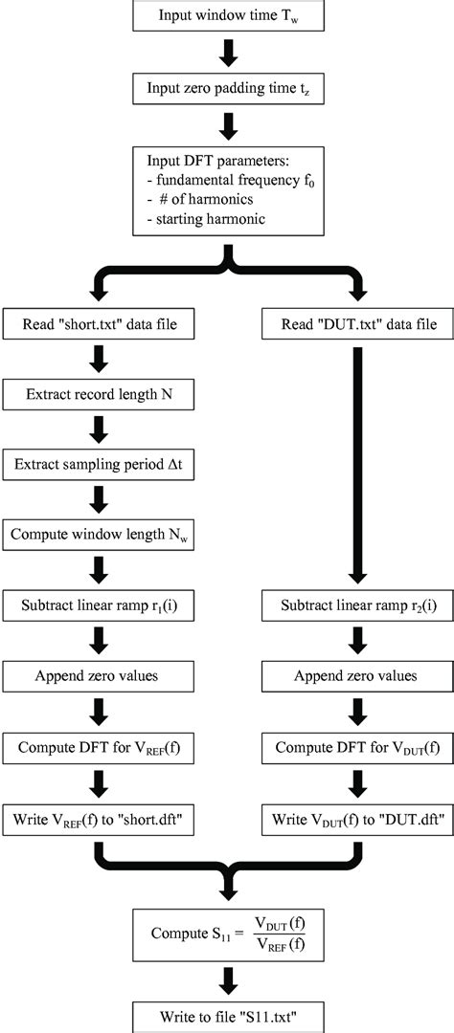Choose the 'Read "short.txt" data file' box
(99, 325)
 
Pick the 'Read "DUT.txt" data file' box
(356, 325)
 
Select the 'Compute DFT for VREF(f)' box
(99, 747)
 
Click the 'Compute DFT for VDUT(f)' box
(356, 747)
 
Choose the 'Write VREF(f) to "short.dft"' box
(99, 819)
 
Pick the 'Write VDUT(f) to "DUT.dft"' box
(356, 819)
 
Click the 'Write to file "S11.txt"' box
(227, 1016)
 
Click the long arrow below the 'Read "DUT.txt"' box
(356, 459)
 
